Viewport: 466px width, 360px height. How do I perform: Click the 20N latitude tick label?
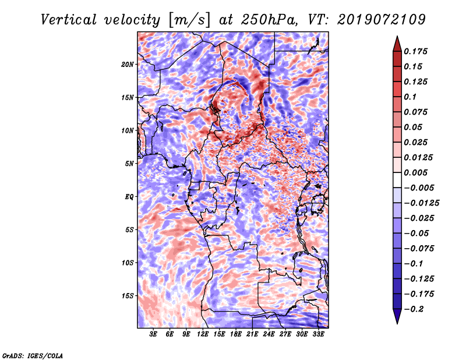(128, 65)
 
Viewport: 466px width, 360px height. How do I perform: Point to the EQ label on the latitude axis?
(129, 197)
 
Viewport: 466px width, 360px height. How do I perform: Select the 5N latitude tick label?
(129, 164)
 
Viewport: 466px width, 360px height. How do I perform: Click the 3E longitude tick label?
(153, 334)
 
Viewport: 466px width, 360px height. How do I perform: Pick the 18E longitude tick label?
(236, 334)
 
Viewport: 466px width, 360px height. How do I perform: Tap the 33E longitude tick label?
(318, 334)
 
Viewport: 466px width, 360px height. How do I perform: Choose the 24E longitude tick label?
(269, 334)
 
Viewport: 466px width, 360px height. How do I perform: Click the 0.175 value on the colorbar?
(415, 51)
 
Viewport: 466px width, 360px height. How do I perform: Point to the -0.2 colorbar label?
(414, 309)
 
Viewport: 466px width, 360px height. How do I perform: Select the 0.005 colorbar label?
(415, 172)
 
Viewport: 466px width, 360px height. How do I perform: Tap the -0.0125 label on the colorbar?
(421, 203)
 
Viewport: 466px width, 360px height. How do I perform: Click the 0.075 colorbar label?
(415, 112)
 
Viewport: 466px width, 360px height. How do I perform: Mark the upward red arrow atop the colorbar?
(397, 44)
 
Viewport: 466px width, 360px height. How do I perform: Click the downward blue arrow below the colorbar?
(397, 316)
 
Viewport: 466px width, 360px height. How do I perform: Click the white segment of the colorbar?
(397, 180)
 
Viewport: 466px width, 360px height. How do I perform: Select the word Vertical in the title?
(69, 20)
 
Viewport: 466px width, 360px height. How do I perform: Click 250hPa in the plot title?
(269, 20)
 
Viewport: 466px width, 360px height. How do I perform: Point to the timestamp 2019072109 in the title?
(382, 20)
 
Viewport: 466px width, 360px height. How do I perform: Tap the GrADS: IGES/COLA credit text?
(33, 355)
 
